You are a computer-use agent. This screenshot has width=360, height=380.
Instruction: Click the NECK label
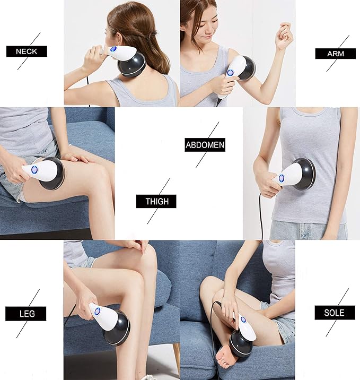click(27, 51)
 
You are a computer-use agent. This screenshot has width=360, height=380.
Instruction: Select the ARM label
click(335, 54)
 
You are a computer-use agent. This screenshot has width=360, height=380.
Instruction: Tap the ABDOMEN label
click(205, 145)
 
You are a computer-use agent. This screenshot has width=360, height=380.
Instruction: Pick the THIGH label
click(156, 202)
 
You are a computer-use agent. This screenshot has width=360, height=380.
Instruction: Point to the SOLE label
click(335, 313)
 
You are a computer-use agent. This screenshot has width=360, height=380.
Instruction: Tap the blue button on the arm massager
click(230, 73)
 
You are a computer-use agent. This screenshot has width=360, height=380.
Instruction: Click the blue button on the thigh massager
click(34, 170)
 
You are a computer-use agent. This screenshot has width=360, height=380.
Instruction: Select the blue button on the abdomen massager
click(282, 178)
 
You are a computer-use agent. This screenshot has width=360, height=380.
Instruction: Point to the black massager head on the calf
click(117, 327)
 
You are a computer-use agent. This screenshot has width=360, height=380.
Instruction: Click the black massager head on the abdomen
click(304, 175)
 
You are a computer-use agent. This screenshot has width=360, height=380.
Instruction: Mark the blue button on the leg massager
click(97, 312)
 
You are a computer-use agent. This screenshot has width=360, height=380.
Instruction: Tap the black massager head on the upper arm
click(246, 69)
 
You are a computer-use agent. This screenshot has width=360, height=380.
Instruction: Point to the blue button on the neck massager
click(113, 49)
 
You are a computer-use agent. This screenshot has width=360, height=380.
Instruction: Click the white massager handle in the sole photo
click(245, 327)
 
